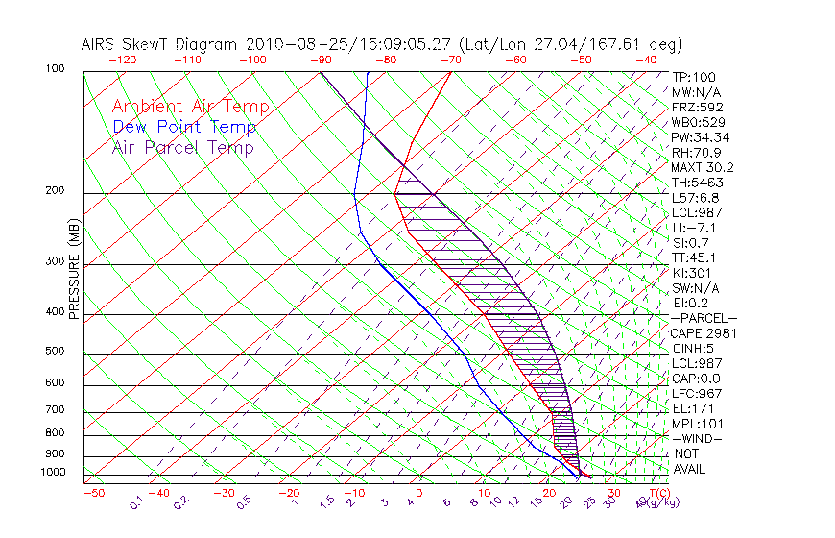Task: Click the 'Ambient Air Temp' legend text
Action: click(x=190, y=107)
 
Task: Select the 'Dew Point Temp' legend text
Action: click(x=183, y=127)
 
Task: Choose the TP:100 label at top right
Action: click(x=693, y=77)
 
